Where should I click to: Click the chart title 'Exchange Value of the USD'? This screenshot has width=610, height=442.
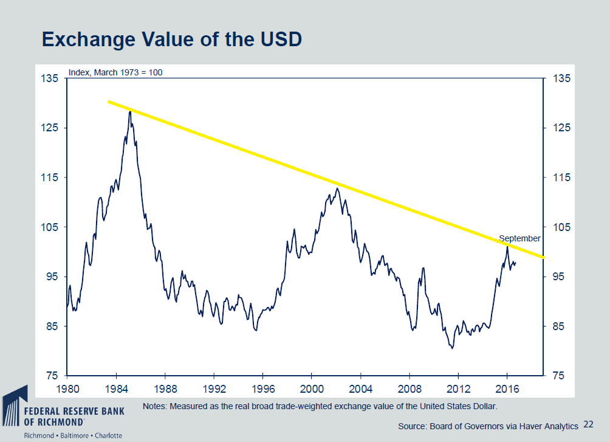[172, 40]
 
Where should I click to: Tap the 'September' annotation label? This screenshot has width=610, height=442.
[519, 238]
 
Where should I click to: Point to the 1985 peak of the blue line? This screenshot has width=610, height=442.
[130, 111]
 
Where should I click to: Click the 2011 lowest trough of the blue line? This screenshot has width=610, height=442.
[451, 348]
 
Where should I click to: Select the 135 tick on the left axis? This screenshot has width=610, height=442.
[50, 78]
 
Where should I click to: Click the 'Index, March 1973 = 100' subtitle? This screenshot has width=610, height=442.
[115, 72]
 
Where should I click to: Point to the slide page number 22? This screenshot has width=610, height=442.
[588, 424]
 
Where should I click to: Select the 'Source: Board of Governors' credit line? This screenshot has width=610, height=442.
[488, 425]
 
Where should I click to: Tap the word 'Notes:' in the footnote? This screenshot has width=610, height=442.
[155, 406]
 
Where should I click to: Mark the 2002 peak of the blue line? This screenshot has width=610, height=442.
[337, 188]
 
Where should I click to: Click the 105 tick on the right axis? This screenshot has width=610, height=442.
[562, 227]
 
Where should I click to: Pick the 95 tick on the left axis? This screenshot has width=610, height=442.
[50, 277]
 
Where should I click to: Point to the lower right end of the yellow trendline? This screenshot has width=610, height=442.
[544, 257]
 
